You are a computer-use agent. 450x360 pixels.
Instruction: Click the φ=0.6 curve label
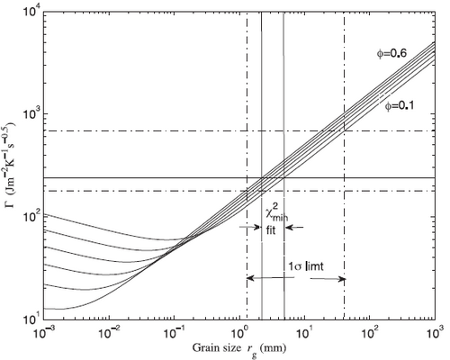[x=391, y=54]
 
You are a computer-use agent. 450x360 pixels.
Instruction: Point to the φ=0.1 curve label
[x=400, y=106]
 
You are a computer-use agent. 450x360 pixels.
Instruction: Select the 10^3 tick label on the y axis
[x=31, y=114]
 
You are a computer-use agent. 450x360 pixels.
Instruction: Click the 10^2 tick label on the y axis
[x=31, y=217]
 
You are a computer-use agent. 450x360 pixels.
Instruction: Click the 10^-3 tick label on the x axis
[x=44, y=332]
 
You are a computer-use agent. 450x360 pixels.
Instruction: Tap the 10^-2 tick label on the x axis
[x=110, y=332]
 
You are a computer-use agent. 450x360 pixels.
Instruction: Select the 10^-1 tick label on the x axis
[x=175, y=332]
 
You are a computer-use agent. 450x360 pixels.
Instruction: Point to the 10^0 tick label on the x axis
[x=239, y=332]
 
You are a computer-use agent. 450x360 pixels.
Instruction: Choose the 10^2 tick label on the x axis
[x=370, y=332]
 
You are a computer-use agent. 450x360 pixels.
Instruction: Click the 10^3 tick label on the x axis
[x=435, y=332]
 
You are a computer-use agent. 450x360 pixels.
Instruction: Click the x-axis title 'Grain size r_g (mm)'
[x=239, y=349]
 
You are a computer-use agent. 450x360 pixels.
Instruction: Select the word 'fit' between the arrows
[x=270, y=231]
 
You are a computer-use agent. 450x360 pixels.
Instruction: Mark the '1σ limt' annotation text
[x=306, y=266]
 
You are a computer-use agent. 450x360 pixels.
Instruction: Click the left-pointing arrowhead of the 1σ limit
[x=249, y=278]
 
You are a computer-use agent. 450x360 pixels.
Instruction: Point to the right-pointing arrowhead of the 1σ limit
[x=343, y=279]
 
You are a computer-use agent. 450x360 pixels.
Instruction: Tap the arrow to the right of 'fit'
[x=294, y=228]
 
